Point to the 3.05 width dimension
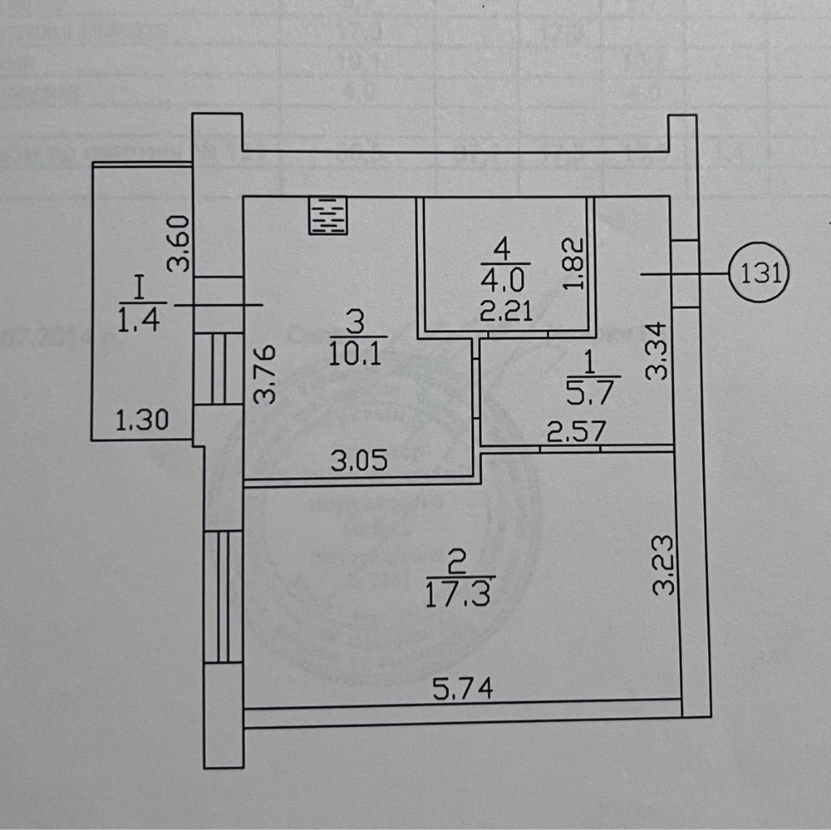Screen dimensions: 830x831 tap(361, 463)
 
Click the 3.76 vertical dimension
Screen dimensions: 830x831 tap(264, 374)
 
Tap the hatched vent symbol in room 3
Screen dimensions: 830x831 tap(327, 215)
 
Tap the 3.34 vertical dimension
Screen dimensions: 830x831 tap(656, 352)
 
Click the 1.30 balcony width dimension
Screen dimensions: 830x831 tap(142, 421)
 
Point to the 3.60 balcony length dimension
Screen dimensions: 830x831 tap(179, 245)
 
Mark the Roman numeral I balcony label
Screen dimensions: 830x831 tap(139, 288)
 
